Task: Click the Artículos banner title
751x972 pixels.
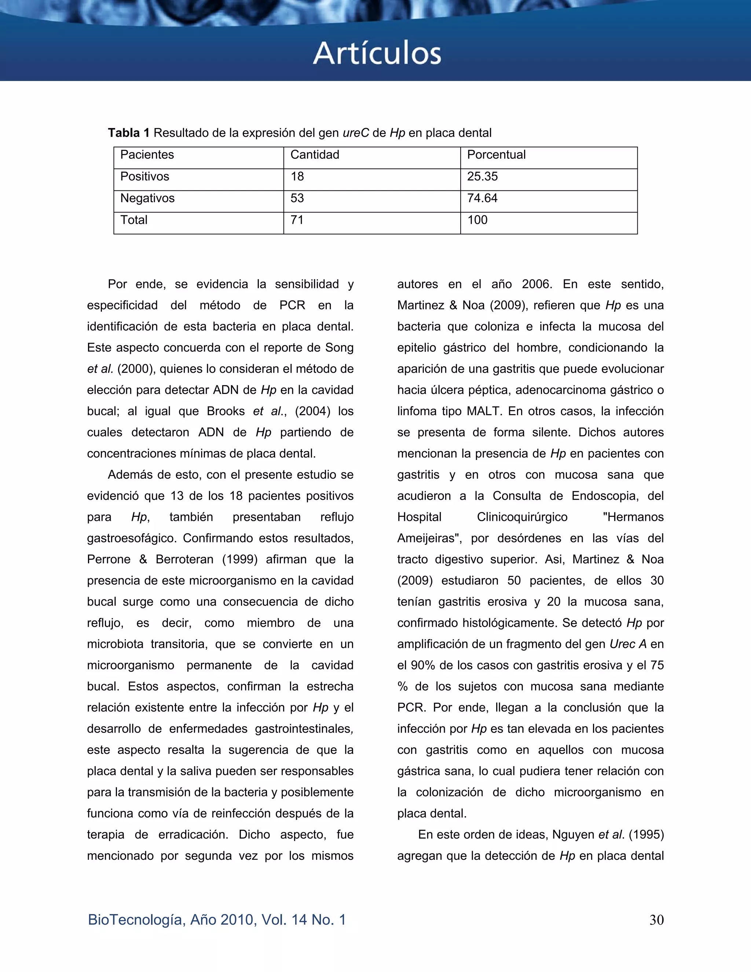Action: click(x=377, y=54)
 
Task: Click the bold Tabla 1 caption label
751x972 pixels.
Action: click(x=129, y=133)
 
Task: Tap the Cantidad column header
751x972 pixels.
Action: click(x=315, y=155)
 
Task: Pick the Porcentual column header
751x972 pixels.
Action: click(x=496, y=155)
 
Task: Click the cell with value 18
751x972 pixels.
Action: click(x=297, y=177)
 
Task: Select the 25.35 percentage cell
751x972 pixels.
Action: click(x=482, y=177)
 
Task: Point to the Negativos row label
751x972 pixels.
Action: click(x=147, y=198)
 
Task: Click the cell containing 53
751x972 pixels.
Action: click(x=297, y=198)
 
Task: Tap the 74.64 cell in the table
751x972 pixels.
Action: click(x=482, y=198)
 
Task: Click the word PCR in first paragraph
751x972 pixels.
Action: click(x=292, y=305)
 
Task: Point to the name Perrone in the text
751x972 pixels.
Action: click(x=109, y=559)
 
